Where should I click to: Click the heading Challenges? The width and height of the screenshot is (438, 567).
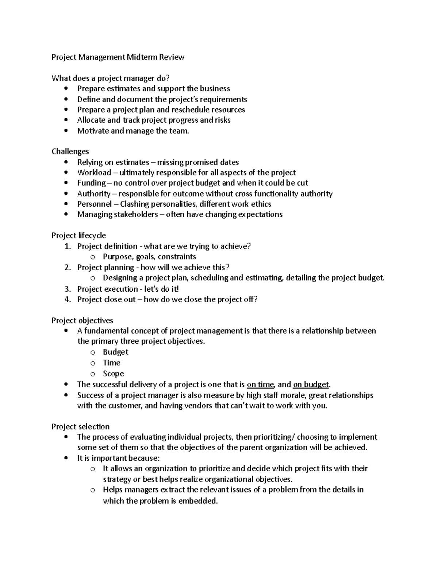coord(70,152)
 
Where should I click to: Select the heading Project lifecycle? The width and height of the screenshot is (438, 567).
coord(78,235)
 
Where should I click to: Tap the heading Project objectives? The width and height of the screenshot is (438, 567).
coord(82,321)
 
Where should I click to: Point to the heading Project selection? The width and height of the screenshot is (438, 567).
coord(80,427)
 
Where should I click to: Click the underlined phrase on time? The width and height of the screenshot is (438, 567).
coord(260,384)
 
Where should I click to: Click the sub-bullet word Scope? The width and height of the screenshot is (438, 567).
coord(113,373)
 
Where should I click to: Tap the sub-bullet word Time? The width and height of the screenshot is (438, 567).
coord(111,363)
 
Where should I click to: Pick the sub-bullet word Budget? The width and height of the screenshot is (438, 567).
coord(115,352)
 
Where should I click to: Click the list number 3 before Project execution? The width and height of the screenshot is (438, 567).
coord(67,289)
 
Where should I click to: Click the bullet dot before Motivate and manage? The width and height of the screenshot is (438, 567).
coord(66,131)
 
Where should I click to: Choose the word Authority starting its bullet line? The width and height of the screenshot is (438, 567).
coord(94,194)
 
